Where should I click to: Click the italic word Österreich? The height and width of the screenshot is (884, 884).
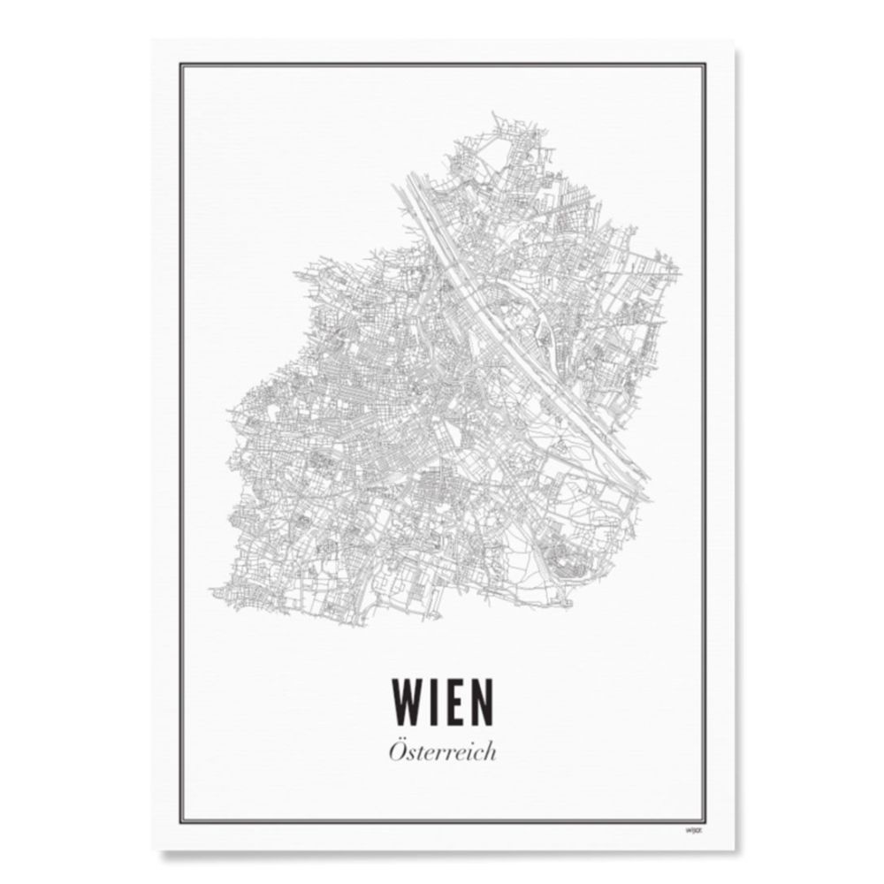(x=442, y=752)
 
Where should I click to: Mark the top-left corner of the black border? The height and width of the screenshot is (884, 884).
(x=181, y=63)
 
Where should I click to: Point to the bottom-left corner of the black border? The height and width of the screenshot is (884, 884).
(x=181, y=819)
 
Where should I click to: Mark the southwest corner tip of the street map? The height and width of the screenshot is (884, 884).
(x=210, y=591)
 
